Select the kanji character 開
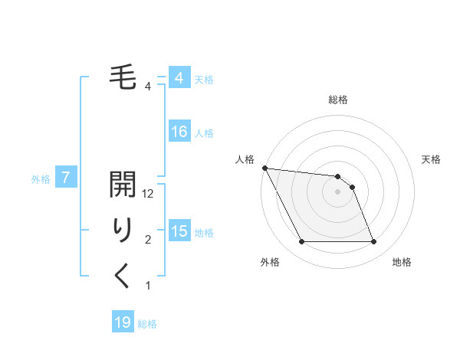point(123,186)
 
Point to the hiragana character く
point(123,276)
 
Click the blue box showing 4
point(179,79)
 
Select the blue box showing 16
point(179,133)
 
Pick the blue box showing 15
point(179,231)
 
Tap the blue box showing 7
point(66,178)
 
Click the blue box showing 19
point(123,322)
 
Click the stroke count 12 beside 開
point(149,195)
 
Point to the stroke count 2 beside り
point(148,241)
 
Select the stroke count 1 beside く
point(148,286)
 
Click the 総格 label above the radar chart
point(338,100)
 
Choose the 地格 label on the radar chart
point(402,262)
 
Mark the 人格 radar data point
point(264,168)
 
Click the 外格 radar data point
point(301,242)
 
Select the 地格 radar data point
point(373,242)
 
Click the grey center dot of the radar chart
point(338,191)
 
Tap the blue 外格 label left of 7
point(41,179)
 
